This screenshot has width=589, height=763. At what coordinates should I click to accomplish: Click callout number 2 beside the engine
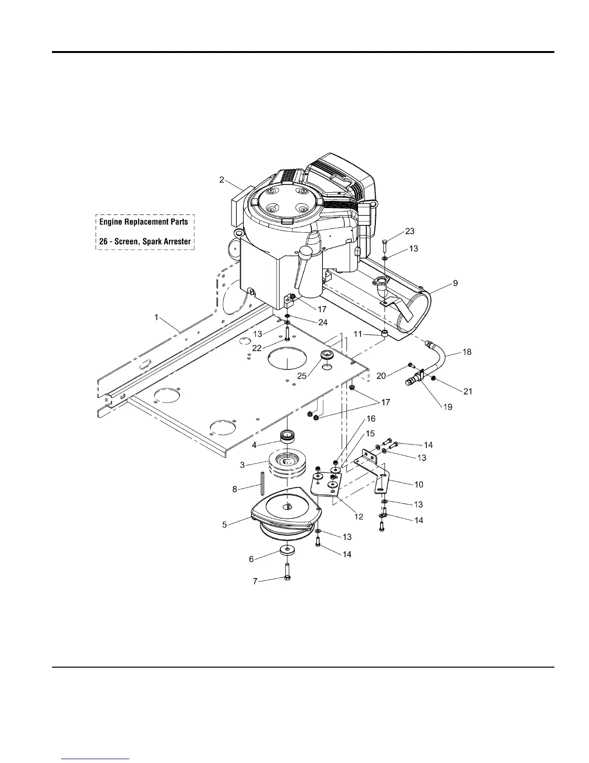(x=221, y=180)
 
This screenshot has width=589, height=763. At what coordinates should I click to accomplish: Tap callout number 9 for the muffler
(x=455, y=283)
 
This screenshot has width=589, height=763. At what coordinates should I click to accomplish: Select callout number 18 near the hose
(x=467, y=352)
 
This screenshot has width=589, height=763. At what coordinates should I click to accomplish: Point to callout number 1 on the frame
(x=156, y=317)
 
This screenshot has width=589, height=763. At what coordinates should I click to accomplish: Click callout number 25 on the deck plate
(x=302, y=376)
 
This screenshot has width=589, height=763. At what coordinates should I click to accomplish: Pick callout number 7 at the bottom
(x=255, y=581)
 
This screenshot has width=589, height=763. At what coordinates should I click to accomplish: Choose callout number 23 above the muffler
(x=410, y=231)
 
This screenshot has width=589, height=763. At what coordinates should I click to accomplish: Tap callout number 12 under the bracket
(x=358, y=516)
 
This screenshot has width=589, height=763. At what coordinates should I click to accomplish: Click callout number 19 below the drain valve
(x=448, y=407)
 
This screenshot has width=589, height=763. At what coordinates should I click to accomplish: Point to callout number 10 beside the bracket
(x=419, y=484)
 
